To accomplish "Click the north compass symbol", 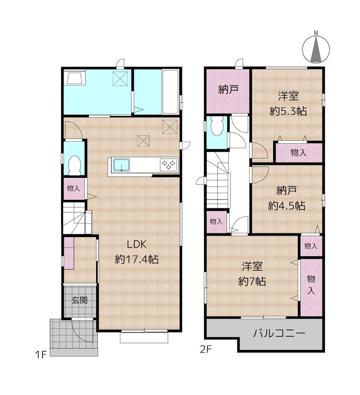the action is [316, 47].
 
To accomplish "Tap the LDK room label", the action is [136, 244].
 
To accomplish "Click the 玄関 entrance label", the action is [79, 300].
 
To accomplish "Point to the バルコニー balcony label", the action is [279, 333].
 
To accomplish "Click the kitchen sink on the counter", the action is [121, 165].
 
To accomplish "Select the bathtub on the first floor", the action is [170, 92].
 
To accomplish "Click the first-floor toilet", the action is [74, 165].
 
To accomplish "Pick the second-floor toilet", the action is [217, 127].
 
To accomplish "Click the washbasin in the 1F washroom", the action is [75, 78].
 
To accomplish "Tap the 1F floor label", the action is [41, 355].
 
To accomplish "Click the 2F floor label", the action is [206, 350].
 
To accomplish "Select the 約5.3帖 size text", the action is [288, 111].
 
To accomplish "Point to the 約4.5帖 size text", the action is [287, 205].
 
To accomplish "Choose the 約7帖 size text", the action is [252, 281].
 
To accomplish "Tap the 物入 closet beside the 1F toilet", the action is [73, 189].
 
